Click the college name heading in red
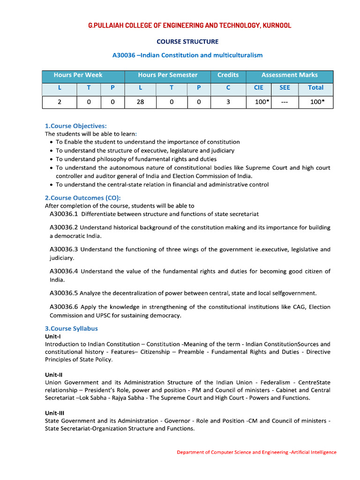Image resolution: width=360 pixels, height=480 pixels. [190, 25]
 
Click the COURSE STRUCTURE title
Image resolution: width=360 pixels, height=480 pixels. [187, 42]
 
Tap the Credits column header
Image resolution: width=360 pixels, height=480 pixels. [228, 75]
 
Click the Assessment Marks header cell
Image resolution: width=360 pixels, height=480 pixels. [289, 75]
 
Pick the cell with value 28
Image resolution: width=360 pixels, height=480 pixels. [141, 101]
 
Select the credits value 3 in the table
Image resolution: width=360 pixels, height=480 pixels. [228, 101]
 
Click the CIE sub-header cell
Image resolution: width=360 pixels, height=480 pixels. [259, 88]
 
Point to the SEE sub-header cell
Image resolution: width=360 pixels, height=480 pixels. [285, 88]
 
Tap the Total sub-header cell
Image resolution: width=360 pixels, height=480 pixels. [315, 88]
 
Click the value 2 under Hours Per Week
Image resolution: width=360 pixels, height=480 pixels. [60, 101]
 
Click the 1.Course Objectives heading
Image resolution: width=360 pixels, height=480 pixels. [75, 126]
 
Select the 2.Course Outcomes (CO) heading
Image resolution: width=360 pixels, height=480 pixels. [82, 198]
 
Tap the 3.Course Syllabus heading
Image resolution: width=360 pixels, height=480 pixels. [71, 329]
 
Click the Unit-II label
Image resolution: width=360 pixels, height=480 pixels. [54, 375]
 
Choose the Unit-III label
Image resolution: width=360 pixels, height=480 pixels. [54, 413]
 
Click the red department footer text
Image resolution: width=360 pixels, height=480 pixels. [256, 452]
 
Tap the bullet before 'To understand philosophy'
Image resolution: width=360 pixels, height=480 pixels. [51, 159]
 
